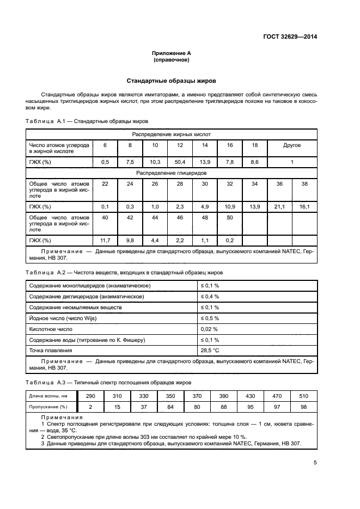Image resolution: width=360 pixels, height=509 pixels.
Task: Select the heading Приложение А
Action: [172, 53]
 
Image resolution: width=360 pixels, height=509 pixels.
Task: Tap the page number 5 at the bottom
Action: [315, 463]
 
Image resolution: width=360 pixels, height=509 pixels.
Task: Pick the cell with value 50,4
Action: [179, 162]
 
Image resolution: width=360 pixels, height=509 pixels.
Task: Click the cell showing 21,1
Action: [279, 207]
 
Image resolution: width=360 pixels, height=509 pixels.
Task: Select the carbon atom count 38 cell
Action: [304, 184]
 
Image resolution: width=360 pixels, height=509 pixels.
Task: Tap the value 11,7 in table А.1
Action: [106, 240]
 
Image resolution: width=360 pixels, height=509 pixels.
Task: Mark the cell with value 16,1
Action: [304, 207]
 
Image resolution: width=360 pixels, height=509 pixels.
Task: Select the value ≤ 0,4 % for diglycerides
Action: [210, 296]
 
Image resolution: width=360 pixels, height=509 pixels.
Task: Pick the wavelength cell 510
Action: [304, 395]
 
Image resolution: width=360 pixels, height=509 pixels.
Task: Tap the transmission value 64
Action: [170, 406]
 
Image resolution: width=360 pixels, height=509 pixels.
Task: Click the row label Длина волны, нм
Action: [48, 396]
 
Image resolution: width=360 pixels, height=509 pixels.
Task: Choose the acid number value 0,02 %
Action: [209, 329]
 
